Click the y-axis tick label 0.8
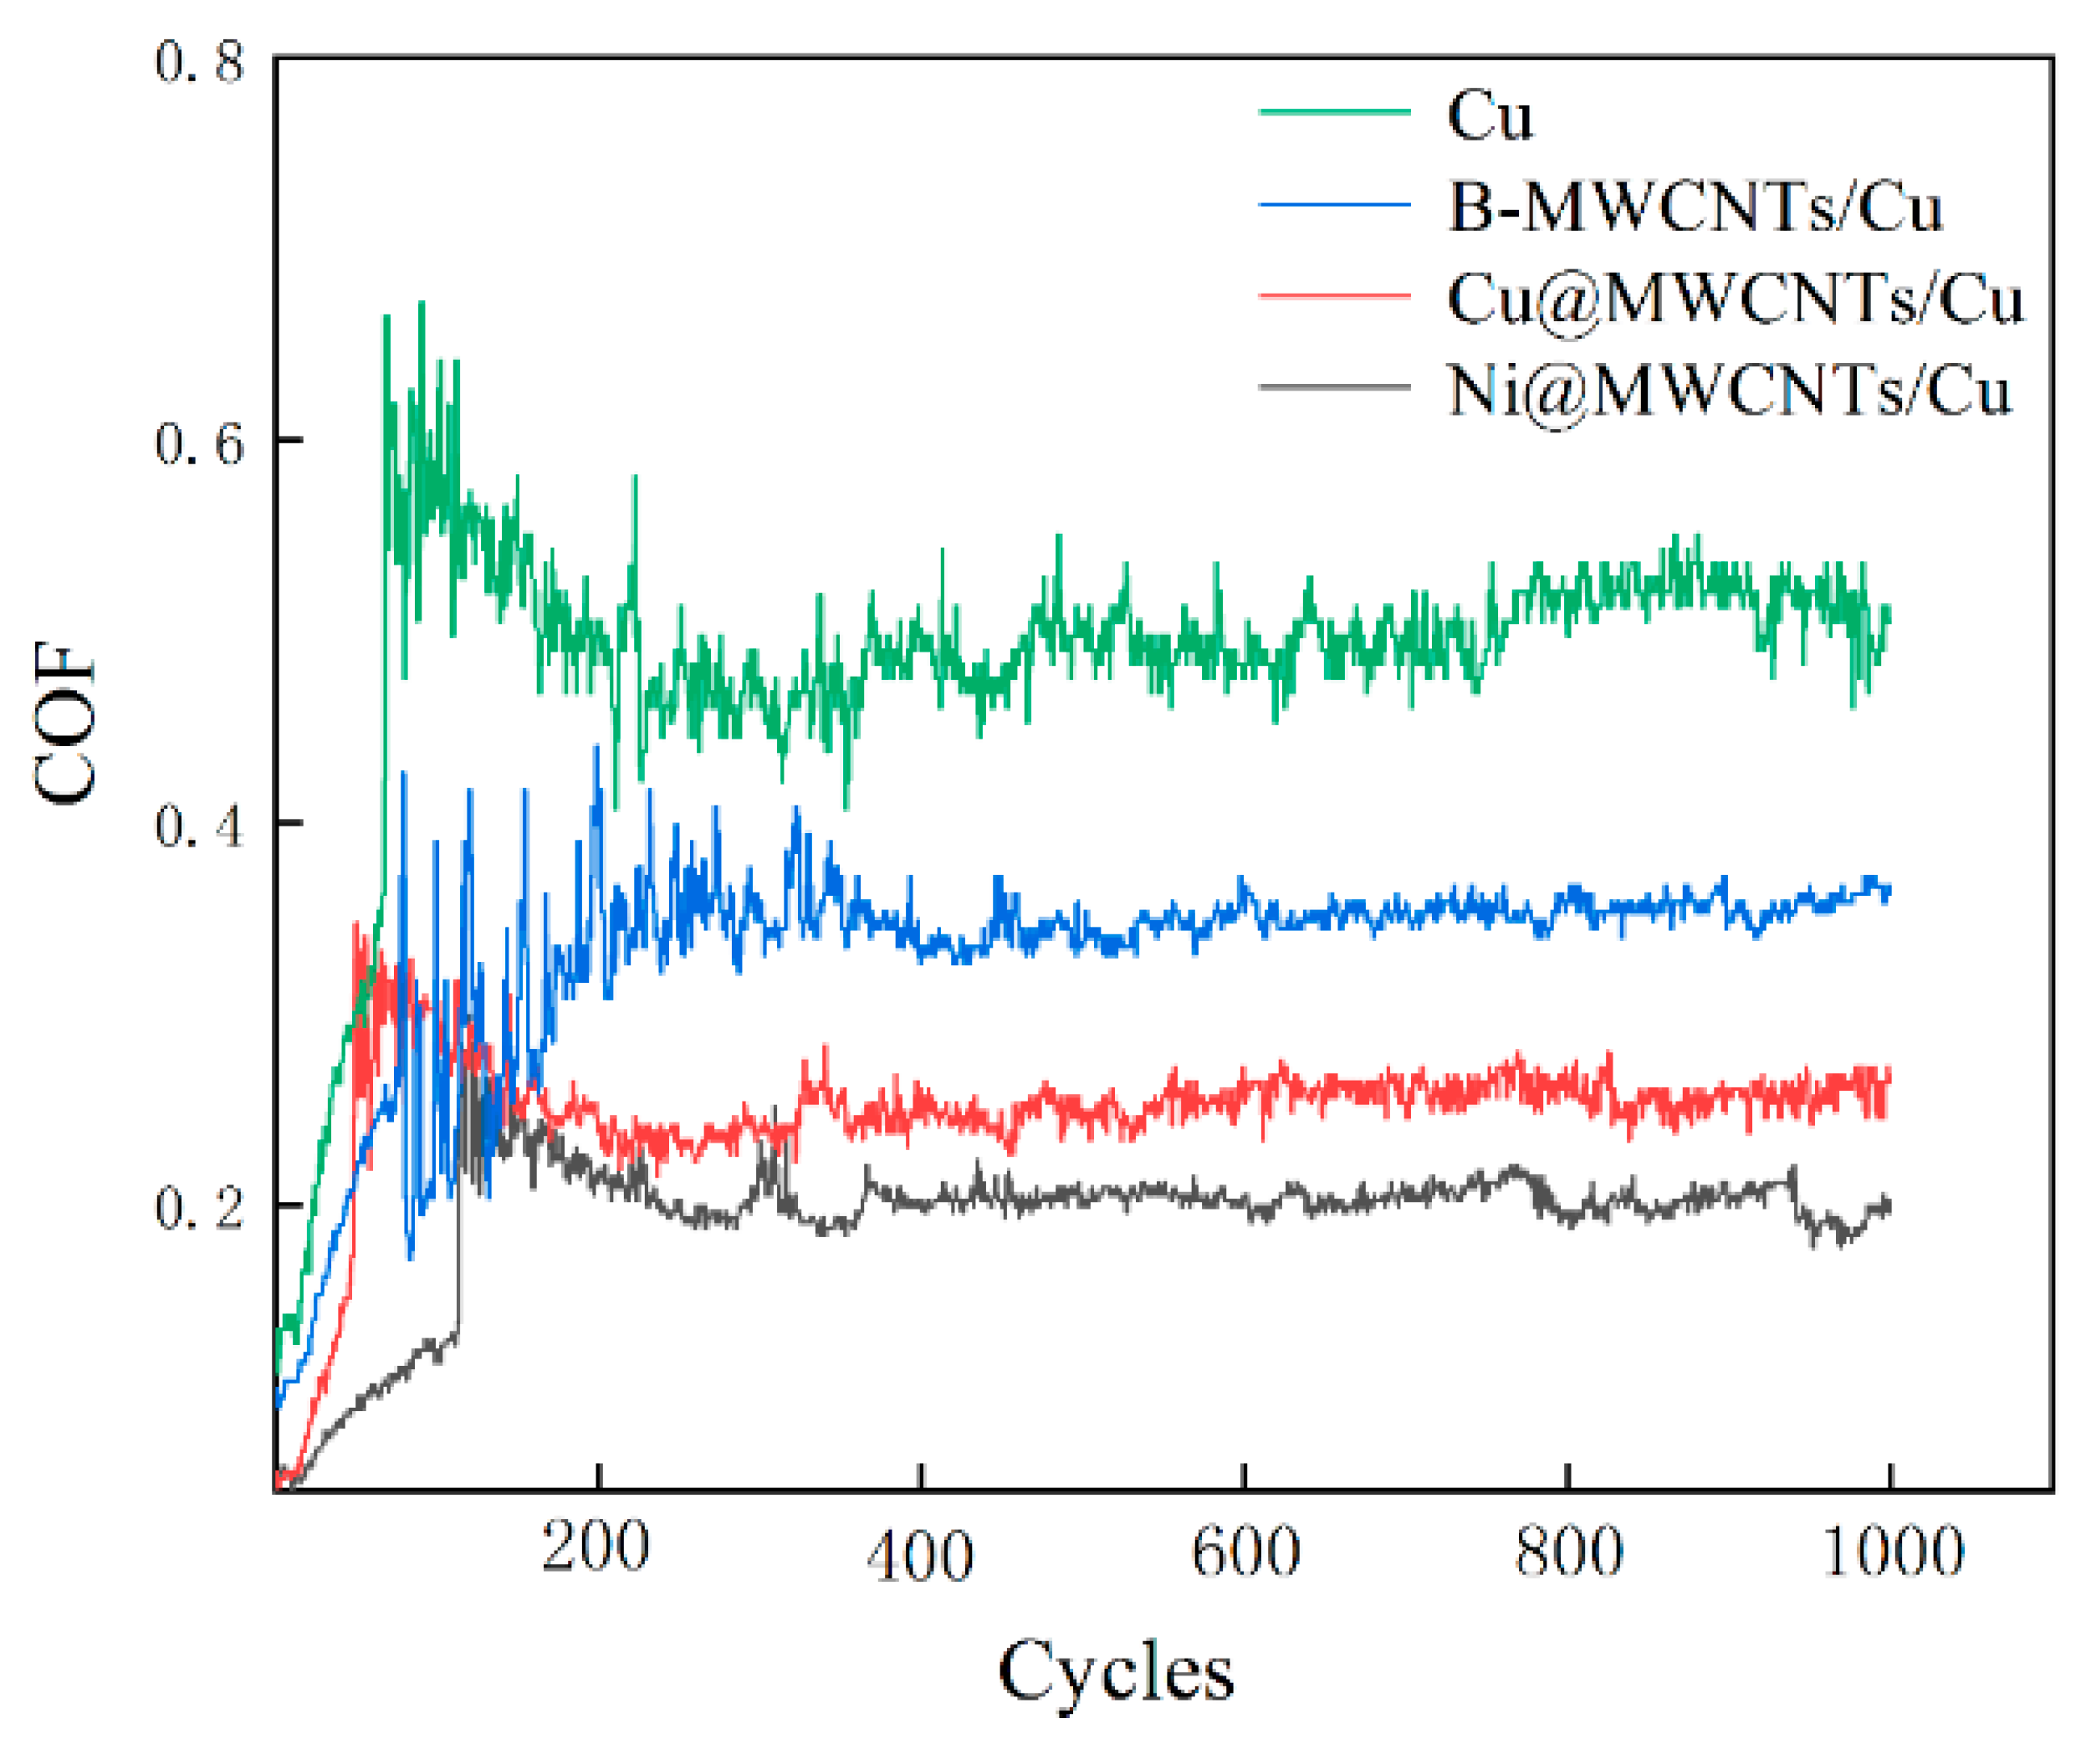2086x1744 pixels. [199, 62]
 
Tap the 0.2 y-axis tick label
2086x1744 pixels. [199, 1208]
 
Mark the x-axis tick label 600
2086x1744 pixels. [1245, 1550]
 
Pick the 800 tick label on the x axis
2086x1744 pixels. [1568, 1550]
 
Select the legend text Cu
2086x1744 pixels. [1489, 116]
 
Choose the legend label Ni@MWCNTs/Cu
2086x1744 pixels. [1728, 389]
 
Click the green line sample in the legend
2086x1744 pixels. [1334, 111]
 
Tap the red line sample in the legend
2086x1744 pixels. [1334, 295]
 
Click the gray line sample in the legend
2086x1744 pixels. [1334, 386]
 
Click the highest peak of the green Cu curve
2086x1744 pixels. [422, 303]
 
